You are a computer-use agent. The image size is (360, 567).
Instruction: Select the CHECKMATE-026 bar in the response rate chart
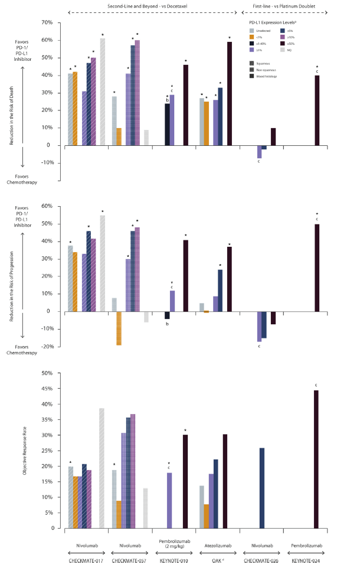[x=262, y=488]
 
